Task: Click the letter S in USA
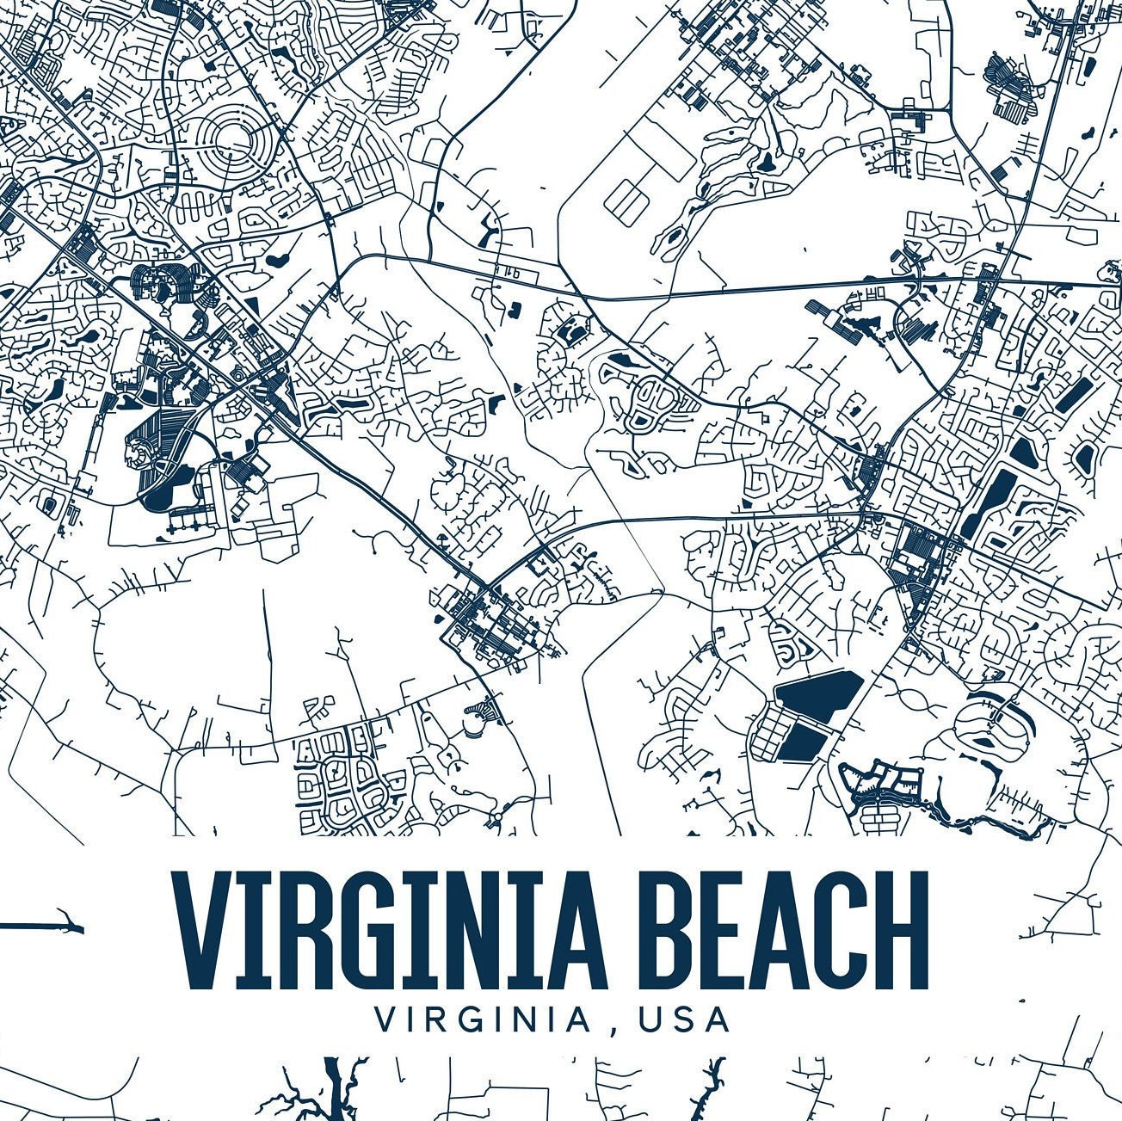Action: pyautogui.click(x=684, y=1019)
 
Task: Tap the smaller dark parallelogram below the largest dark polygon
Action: pyautogui.click(x=804, y=739)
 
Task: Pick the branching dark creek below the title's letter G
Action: pyautogui.click(x=331, y=1088)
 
